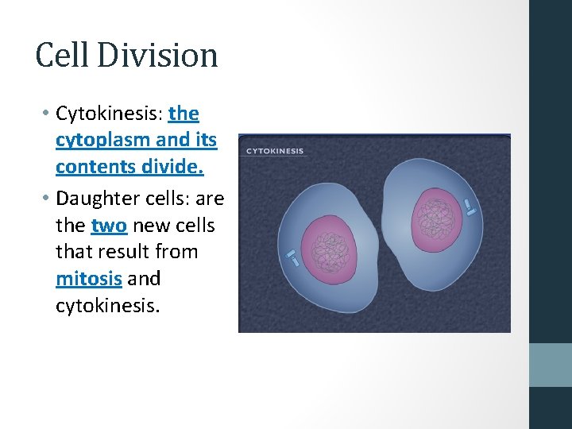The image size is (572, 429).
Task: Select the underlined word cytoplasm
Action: pyautogui.click(x=102, y=141)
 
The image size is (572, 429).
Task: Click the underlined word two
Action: pyautogui.click(x=109, y=226)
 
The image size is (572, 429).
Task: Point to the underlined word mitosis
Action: pyautogui.click(x=88, y=279)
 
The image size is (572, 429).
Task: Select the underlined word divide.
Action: pyautogui.click(x=164, y=167)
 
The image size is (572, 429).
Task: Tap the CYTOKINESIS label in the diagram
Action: pyautogui.click(x=274, y=151)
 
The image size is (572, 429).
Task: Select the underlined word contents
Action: pyautogui.click(x=88, y=167)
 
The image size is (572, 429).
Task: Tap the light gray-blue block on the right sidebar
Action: pyautogui.click(x=550, y=365)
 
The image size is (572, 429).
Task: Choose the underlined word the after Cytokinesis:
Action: pyautogui.click(x=184, y=114)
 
